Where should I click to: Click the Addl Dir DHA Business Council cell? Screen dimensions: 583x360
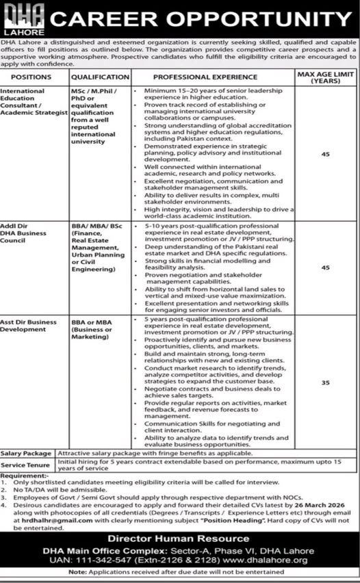point(27,229)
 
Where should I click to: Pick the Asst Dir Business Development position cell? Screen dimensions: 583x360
point(30,324)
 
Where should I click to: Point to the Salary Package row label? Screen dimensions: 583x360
point(27,453)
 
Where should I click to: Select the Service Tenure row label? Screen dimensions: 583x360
point(26,464)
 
